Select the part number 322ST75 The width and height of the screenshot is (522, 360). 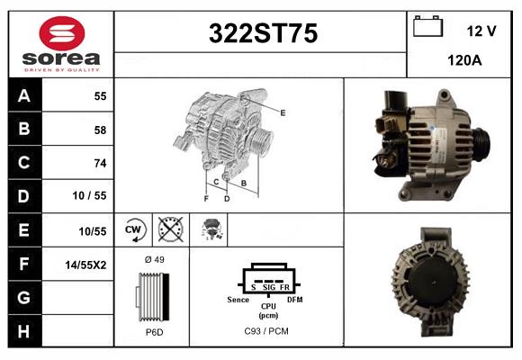(x=263, y=33)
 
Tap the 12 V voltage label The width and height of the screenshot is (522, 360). (x=481, y=31)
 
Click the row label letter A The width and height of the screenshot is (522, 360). (x=24, y=96)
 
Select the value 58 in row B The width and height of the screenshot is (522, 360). (x=99, y=130)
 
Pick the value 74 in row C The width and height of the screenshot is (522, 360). (x=99, y=163)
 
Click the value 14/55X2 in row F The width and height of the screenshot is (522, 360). (x=88, y=265)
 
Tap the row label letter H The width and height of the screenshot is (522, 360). (x=24, y=331)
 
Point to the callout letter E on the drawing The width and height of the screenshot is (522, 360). (x=283, y=112)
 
